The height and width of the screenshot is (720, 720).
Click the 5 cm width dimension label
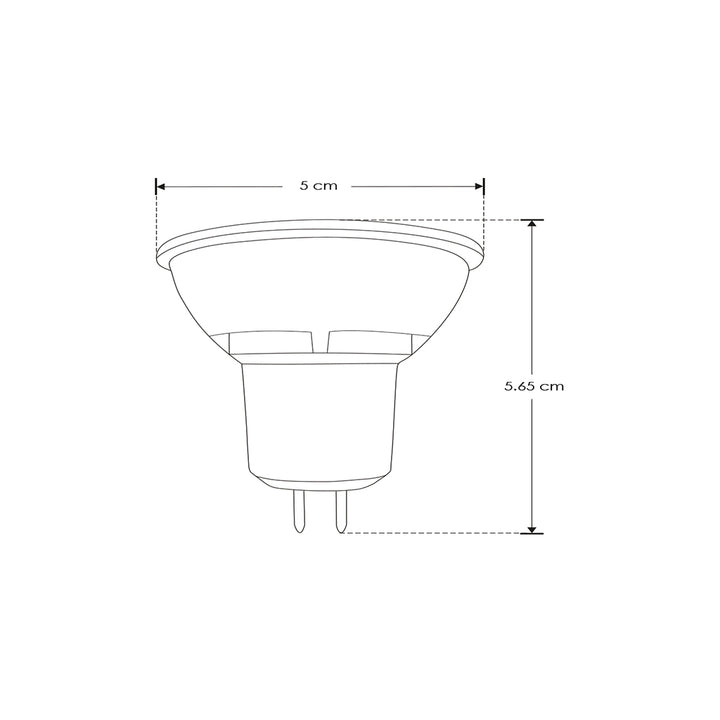pyautogui.click(x=319, y=186)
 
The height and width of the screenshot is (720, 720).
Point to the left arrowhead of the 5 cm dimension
pyautogui.click(x=161, y=186)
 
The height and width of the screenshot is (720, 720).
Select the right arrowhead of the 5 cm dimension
pyautogui.click(x=479, y=186)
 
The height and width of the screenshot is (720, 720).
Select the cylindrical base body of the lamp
pyautogui.click(x=321, y=415)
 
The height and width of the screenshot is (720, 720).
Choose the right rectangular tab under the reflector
pyautogui.click(x=369, y=343)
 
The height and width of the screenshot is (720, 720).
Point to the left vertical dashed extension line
pyautogui.click(x=157, y=220)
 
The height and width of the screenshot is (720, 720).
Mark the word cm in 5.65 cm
pyautogui.click(x=551, y=385)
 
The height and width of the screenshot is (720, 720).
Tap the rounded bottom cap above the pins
pyautogui.click(x=321, y=482)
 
